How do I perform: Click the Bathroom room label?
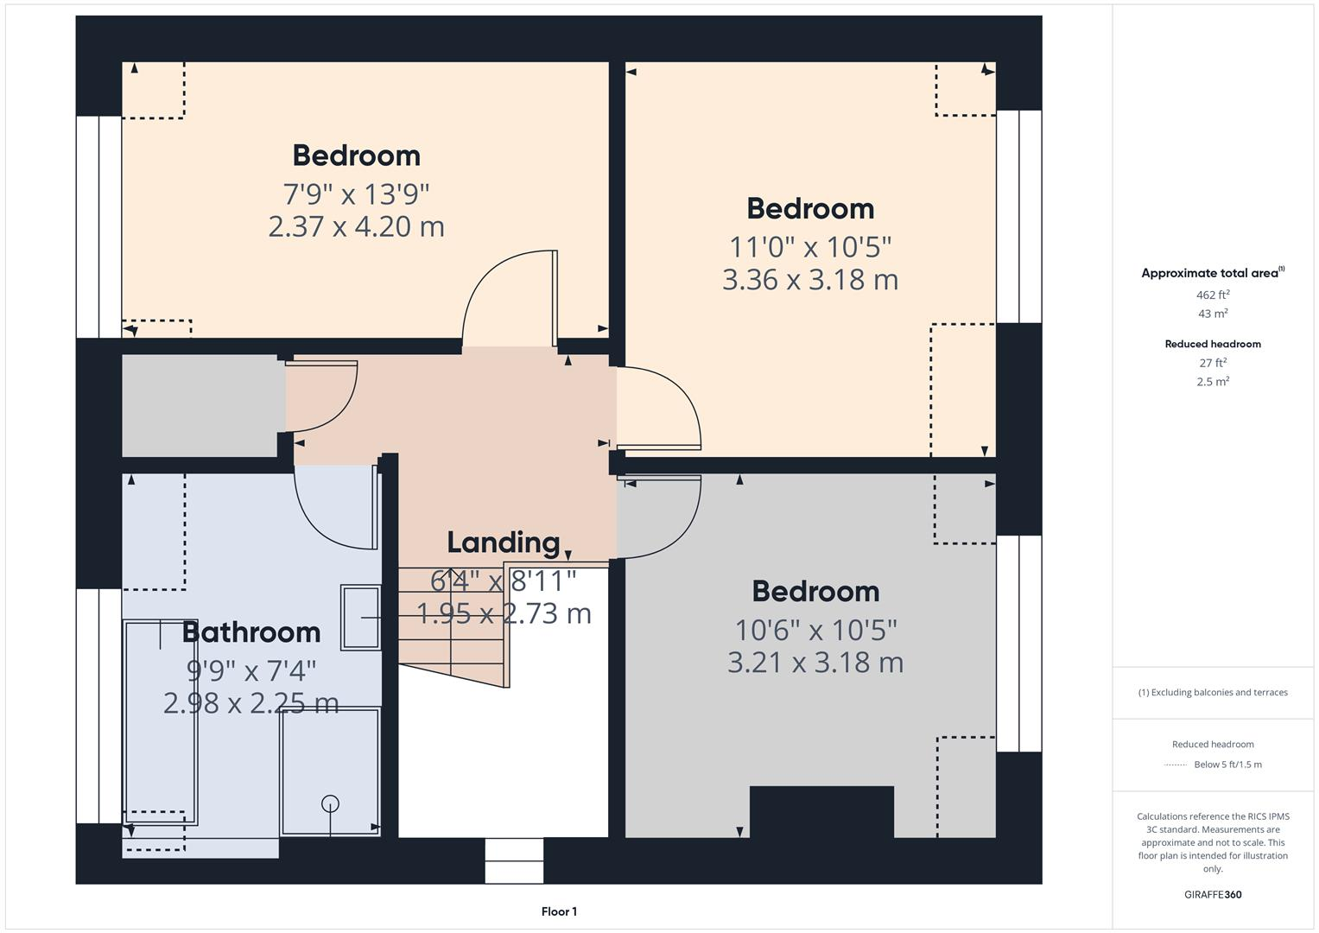tap(251, 632)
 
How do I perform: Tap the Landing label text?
tap(504, 543)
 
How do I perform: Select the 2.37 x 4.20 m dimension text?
tap(356, 226)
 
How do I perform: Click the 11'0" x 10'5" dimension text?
tap(810, 247)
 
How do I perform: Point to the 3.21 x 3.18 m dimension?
tap(815, 663)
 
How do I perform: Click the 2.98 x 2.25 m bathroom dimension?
tap(250, 703)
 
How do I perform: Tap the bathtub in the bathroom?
tap(162, 721)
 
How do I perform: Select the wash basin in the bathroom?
tap(361, 617)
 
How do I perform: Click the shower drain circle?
tap(330, 803)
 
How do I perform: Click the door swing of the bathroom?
tap(333, 510)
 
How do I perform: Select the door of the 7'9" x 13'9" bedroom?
tap(510, 298)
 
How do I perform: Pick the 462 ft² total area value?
tap(1213, 295)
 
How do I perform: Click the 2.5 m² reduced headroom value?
tap(1213, 381)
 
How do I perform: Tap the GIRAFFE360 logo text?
tap(1213, 894)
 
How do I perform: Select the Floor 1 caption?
tap(559, 911)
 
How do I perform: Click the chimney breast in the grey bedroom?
tap(821, 811)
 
